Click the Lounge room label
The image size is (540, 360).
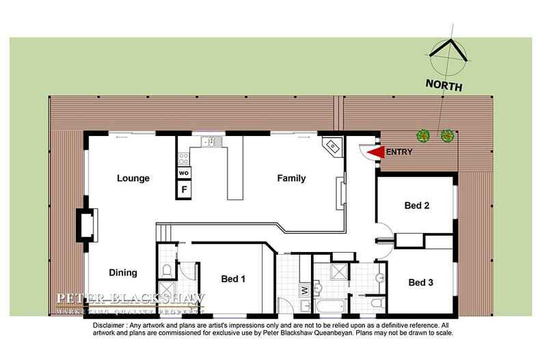(133, 179)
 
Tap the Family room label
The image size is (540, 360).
(291, 179)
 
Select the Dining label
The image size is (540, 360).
(123, 273)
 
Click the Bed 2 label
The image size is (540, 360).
(416, 205)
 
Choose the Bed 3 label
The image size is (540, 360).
(422, 281)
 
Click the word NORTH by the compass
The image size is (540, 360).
(444, 87)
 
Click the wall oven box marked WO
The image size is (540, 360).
(184, 174)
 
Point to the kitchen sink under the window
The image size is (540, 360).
(208, 142)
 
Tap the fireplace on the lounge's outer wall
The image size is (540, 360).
(87, 225)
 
